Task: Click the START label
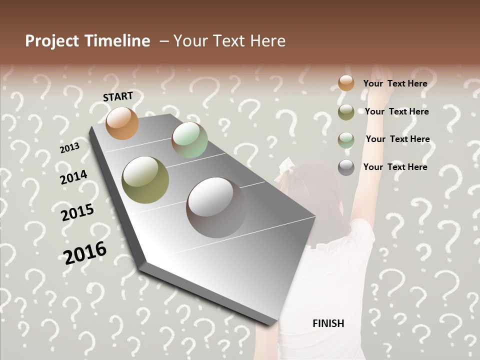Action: pyautogui.click(x=118, y=96)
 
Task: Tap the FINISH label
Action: pyautogui.click(x=328, y=323)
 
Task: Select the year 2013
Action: pyautogui.click(x=69, y=148)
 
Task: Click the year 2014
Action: pyautogui.click(x=73, y=177)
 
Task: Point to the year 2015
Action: pyautogui.click(x=77, y=212)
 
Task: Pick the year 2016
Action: pyautogui.click(x=85, y=252)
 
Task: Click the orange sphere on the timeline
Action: pyautogui.click(x=122, y=123)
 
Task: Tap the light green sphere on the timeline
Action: pyautogui.click(x=189, y=140)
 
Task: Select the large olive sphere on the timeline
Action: pyautogui.click(x=145, y=180)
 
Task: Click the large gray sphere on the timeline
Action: pyautogui.click(x=216, y=207)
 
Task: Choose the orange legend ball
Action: pyautogui.click(x=346, y=83)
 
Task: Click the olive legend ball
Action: pyautogui.click(x=346, y=112)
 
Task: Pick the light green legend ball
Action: pyautogui.click(x=346, y=139)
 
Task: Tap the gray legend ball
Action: pyautogui.click(x=346, y=167)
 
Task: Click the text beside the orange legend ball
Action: pyautogui.click(x=395, y=83)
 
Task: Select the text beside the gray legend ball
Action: pyautogui.click(x=395, y=167)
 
